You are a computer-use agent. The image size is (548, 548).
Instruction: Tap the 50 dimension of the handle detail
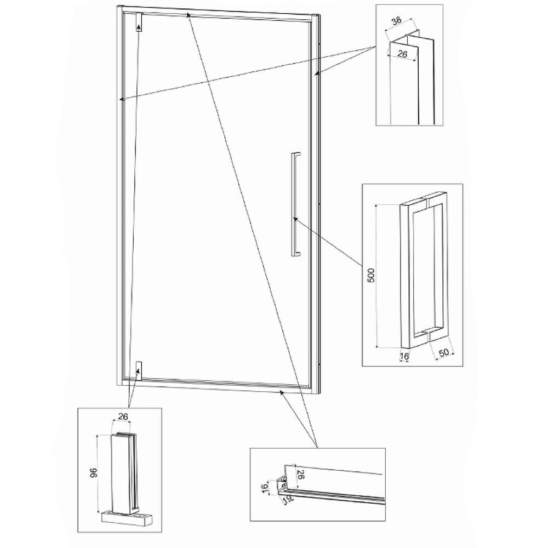tap(444, 352)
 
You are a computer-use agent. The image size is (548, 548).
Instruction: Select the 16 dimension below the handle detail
tap(404, 356)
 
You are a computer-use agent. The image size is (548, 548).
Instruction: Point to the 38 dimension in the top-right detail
tap(396, 21)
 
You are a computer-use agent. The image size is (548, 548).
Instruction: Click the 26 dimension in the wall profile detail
tap(403, 54)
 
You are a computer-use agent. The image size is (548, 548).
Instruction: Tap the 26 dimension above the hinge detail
tap(123, 416)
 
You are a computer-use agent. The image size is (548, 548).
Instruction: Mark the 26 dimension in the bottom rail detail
tap(300, 475)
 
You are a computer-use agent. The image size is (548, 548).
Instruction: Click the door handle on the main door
tap(295, 205)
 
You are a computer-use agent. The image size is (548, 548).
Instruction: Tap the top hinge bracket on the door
tap(139, 22)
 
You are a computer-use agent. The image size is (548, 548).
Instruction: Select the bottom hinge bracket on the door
tap(139, 370)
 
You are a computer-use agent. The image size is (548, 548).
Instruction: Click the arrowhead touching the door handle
tap(295, 219)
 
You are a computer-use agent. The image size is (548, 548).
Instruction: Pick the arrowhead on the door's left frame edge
tap(122, 99)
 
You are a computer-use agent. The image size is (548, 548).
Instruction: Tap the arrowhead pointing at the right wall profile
tap(317, 73)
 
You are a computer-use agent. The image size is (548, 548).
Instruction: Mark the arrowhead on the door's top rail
tap(188, 15)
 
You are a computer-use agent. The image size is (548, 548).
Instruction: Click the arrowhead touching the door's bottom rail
tap(281, 393)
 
